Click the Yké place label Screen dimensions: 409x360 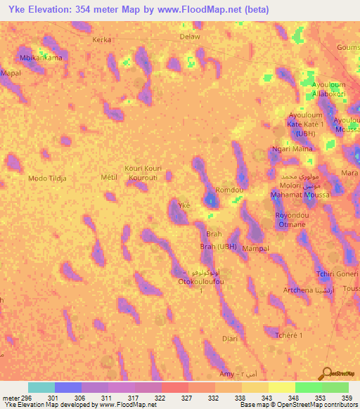point(184,205)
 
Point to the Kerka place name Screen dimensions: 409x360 point(102,40)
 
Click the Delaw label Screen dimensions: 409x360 point(190,37)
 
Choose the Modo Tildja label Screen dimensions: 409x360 point(48,178)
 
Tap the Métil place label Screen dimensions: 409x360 point(108,177)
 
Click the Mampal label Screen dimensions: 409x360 point(255,249)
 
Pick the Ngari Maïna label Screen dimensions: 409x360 point(292,150)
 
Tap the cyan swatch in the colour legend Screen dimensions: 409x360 point(41,387)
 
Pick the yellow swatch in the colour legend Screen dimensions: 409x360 point(282,387)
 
